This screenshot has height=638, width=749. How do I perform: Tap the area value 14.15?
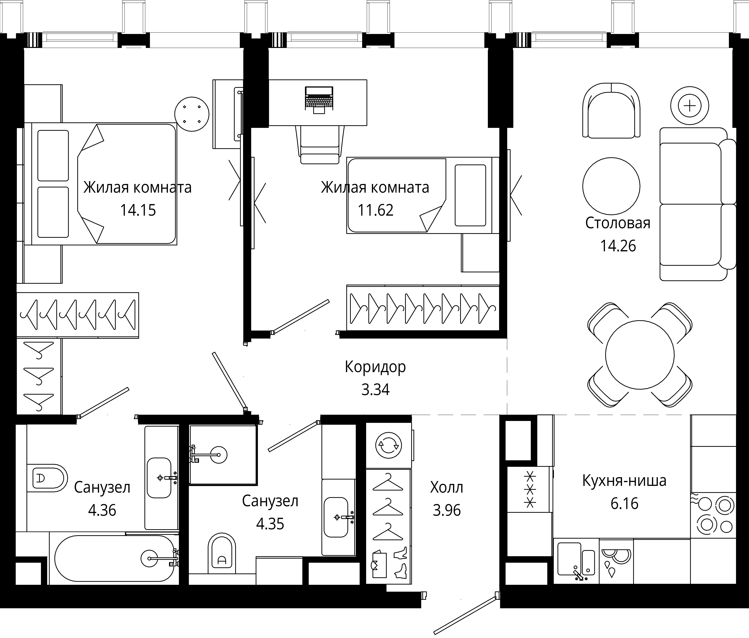(x=138, y=210)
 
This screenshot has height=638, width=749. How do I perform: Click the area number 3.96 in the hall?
(x=447, y=510)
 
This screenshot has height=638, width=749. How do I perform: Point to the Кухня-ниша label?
(x=624, y=481)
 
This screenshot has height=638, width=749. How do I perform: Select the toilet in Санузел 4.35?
(x=222, y=553)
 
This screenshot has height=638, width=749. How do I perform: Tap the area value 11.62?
(x=376, y=210)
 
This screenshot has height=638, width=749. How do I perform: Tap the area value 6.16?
(x=624, y=504)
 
